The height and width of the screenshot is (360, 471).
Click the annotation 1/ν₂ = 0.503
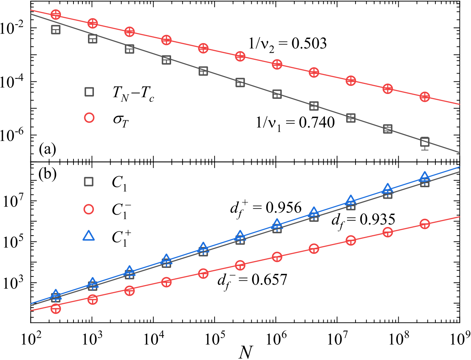[x=288, y=44]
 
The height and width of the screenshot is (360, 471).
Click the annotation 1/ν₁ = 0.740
[x=295, y=123]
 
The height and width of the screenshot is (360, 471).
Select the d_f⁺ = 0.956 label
[x=266, y=208]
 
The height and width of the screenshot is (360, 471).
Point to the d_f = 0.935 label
[x=363, y=221]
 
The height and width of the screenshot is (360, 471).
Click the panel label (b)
[x=48, y=174]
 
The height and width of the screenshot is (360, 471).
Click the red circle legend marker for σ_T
[x=89, y=118]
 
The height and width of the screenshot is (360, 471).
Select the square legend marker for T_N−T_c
[x=89, y=91]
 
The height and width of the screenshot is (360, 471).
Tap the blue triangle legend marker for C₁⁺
[x=89, y=236]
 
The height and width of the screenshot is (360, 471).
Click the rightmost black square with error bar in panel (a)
[x=425, y=142]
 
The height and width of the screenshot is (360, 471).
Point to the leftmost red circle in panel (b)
[x=56, y=308]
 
